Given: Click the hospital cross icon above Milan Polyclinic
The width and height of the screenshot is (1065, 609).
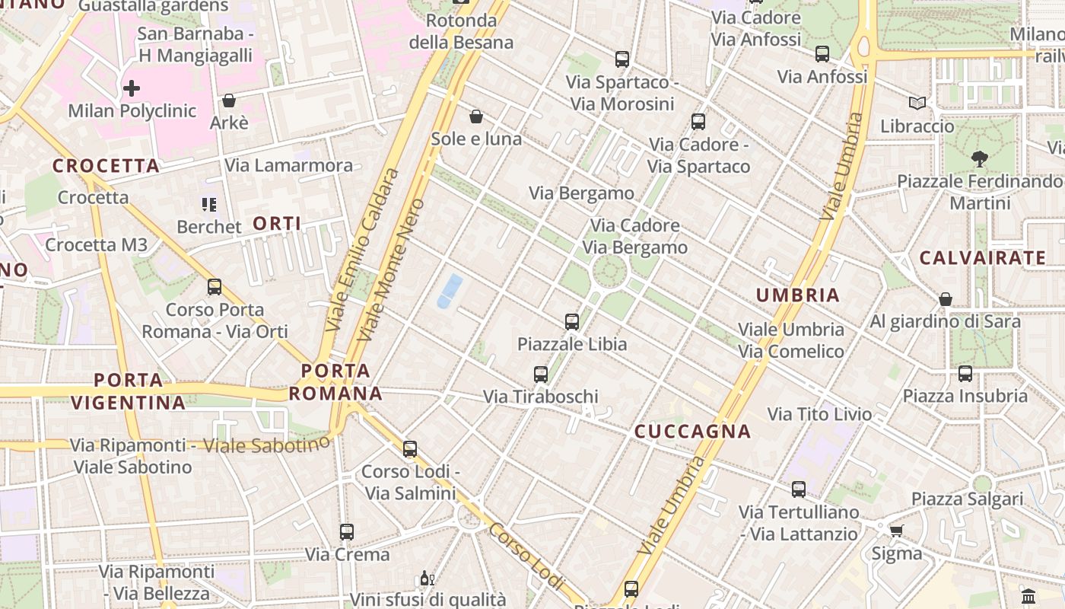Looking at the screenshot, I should pos(132,88).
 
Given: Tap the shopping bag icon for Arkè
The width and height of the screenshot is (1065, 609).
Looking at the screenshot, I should pos(228,100).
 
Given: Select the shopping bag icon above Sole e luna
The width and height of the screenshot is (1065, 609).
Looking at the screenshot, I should pos(476,116).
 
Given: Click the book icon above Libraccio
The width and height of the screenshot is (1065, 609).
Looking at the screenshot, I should pos(917,103).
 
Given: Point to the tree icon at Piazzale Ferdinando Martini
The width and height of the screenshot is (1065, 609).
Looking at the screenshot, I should pos(979,159).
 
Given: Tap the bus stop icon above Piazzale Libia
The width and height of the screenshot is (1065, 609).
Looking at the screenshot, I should pos(572,321).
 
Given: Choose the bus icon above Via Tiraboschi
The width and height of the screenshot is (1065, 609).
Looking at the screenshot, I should pos(541,374).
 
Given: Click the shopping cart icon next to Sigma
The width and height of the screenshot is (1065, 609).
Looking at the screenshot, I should pos(896,531).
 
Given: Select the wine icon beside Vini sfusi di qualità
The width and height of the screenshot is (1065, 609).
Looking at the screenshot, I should pos(426,579).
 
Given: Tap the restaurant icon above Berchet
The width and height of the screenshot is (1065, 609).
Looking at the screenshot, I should pos(208,204).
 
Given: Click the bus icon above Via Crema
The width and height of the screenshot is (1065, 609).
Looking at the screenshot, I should pos(347,531).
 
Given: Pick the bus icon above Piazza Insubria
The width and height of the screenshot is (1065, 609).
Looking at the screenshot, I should pos(965,373).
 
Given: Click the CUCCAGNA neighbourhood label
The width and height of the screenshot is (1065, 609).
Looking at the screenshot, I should pos(692,432).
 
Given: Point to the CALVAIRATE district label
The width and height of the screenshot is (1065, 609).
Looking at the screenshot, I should pos(983,258).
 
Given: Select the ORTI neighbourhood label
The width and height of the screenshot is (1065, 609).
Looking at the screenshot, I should pos(277,223).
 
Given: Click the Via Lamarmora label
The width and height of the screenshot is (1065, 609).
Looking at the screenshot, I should pos(288,165).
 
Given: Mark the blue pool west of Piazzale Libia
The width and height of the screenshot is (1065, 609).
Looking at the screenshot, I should pos(450,292).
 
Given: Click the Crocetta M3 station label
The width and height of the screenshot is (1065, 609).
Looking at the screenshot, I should pos(96,244).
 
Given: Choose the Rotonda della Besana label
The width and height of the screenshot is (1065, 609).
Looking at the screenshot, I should pos(461,31).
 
